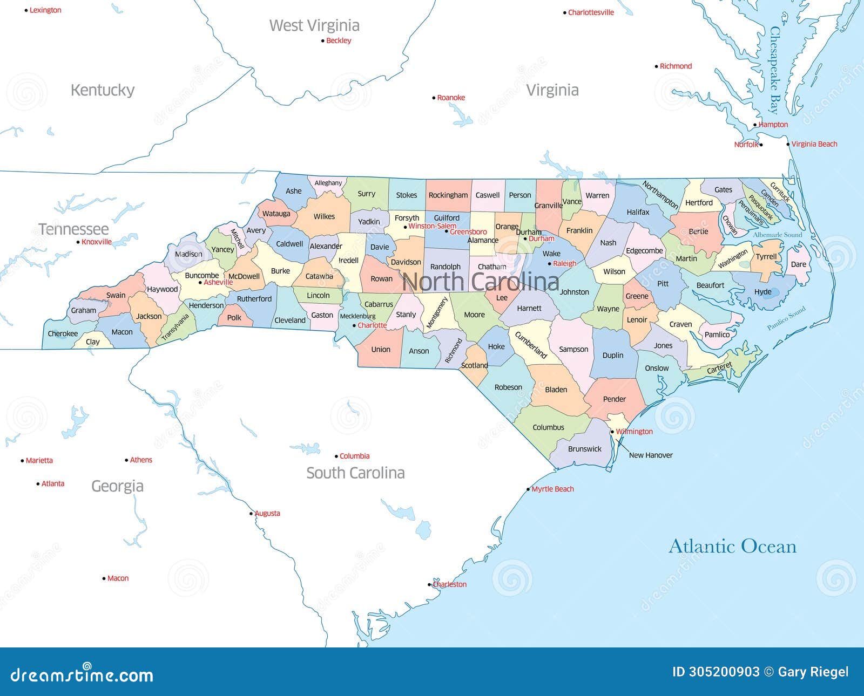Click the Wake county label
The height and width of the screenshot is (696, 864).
click(x=551, y=254)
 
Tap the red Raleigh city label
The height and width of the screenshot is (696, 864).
click(x=564, y=264)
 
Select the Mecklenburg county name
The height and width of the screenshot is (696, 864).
click(x=357, y=316)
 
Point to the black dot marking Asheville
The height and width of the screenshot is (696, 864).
click(x=200, y=282)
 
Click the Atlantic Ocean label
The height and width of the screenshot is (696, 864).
click(x=732, y=546)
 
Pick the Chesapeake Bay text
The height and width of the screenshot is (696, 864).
click(x=775, y=70)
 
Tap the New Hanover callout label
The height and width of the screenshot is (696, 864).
click(x=651, y=455)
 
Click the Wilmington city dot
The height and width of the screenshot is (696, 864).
click(x=612, y=432)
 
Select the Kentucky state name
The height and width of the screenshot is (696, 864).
click(x=103, y=90)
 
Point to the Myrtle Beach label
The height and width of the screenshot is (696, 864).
click(x=552, y=489)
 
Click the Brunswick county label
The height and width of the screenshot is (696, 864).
click(x=584, y=449)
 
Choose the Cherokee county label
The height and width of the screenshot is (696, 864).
click(x=63, y=333)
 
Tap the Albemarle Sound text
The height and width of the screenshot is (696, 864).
click(x=778, y=235)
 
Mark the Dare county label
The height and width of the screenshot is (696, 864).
click(x=798, y=264)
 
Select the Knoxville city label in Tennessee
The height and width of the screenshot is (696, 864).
click(x=97, y=242)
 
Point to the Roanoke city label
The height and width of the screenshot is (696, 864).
click(x=451, y=98)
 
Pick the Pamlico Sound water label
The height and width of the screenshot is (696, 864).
click(x=786, y=318)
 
